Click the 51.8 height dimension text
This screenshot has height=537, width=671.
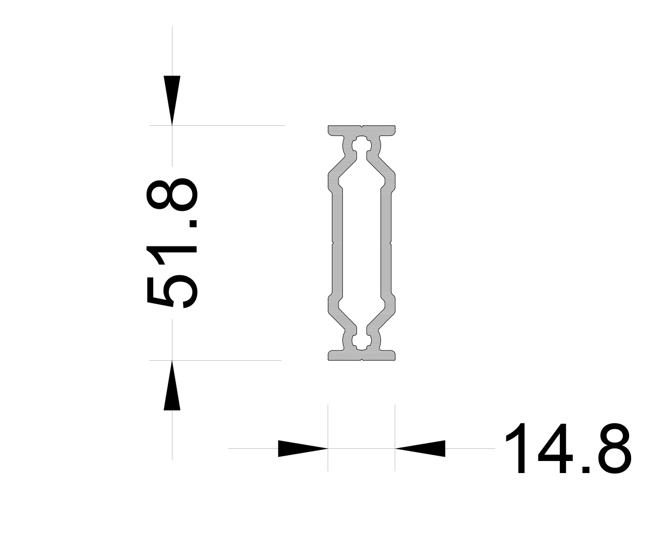tap(172, 243)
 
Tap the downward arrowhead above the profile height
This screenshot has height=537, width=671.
tap(172, 100)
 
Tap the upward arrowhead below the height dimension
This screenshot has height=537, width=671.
tap(172, 385)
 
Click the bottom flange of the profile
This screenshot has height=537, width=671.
tap(362, 355)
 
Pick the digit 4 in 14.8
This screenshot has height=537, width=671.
tap(558, 448)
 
